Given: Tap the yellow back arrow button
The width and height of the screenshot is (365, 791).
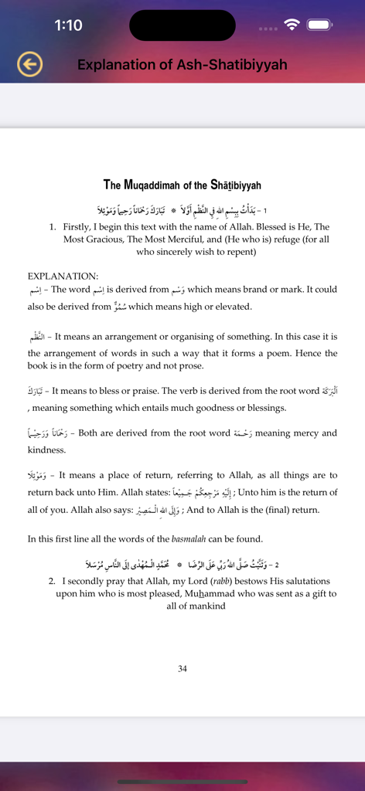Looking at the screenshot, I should (30, 65).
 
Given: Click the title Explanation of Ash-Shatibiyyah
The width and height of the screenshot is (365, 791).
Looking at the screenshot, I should (182, 65).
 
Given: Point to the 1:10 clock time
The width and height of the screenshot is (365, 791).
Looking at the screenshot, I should (68, 25).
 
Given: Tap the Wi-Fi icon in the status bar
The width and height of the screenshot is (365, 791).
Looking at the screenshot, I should (292, 25).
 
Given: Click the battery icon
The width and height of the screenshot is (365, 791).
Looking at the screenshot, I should (319, 25).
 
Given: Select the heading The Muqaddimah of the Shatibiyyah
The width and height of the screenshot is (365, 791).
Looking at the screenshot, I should (182, 185).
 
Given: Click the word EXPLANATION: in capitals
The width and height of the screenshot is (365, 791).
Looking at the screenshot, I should (63, 275).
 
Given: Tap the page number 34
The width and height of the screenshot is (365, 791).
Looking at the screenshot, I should (182, 669).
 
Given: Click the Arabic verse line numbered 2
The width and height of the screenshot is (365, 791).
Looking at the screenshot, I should (182, 565).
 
